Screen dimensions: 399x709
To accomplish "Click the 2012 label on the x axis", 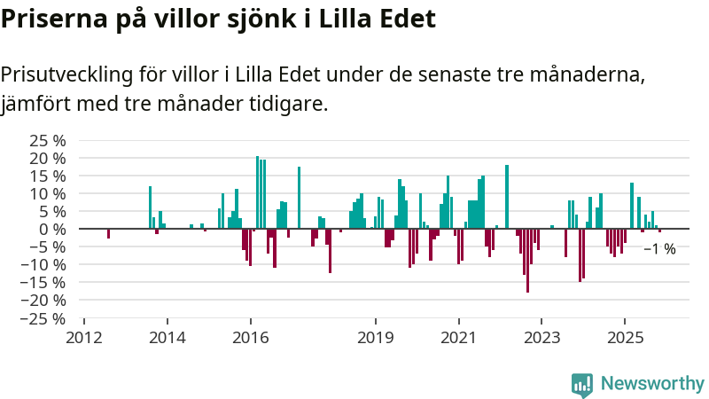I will (83, 337).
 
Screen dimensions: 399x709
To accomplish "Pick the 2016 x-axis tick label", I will (250, 337).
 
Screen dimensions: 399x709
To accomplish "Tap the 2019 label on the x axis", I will (375, 337).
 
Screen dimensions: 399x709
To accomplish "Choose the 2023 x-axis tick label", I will (541, 337).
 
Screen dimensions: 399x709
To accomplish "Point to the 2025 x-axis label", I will (625, 337).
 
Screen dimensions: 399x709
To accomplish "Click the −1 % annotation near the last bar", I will (659, 249).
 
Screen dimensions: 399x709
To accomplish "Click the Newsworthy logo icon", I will (582, 384).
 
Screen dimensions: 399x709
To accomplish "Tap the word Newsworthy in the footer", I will (652, 384).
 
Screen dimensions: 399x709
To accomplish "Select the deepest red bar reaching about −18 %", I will (527, 261).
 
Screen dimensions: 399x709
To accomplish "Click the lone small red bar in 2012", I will (108, 233).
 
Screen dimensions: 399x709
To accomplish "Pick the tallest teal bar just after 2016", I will (257, 192).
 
